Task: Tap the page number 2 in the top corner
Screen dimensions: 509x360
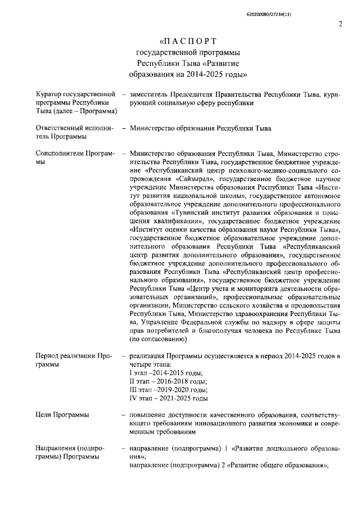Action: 340,24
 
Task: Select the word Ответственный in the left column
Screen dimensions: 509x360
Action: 58,128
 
